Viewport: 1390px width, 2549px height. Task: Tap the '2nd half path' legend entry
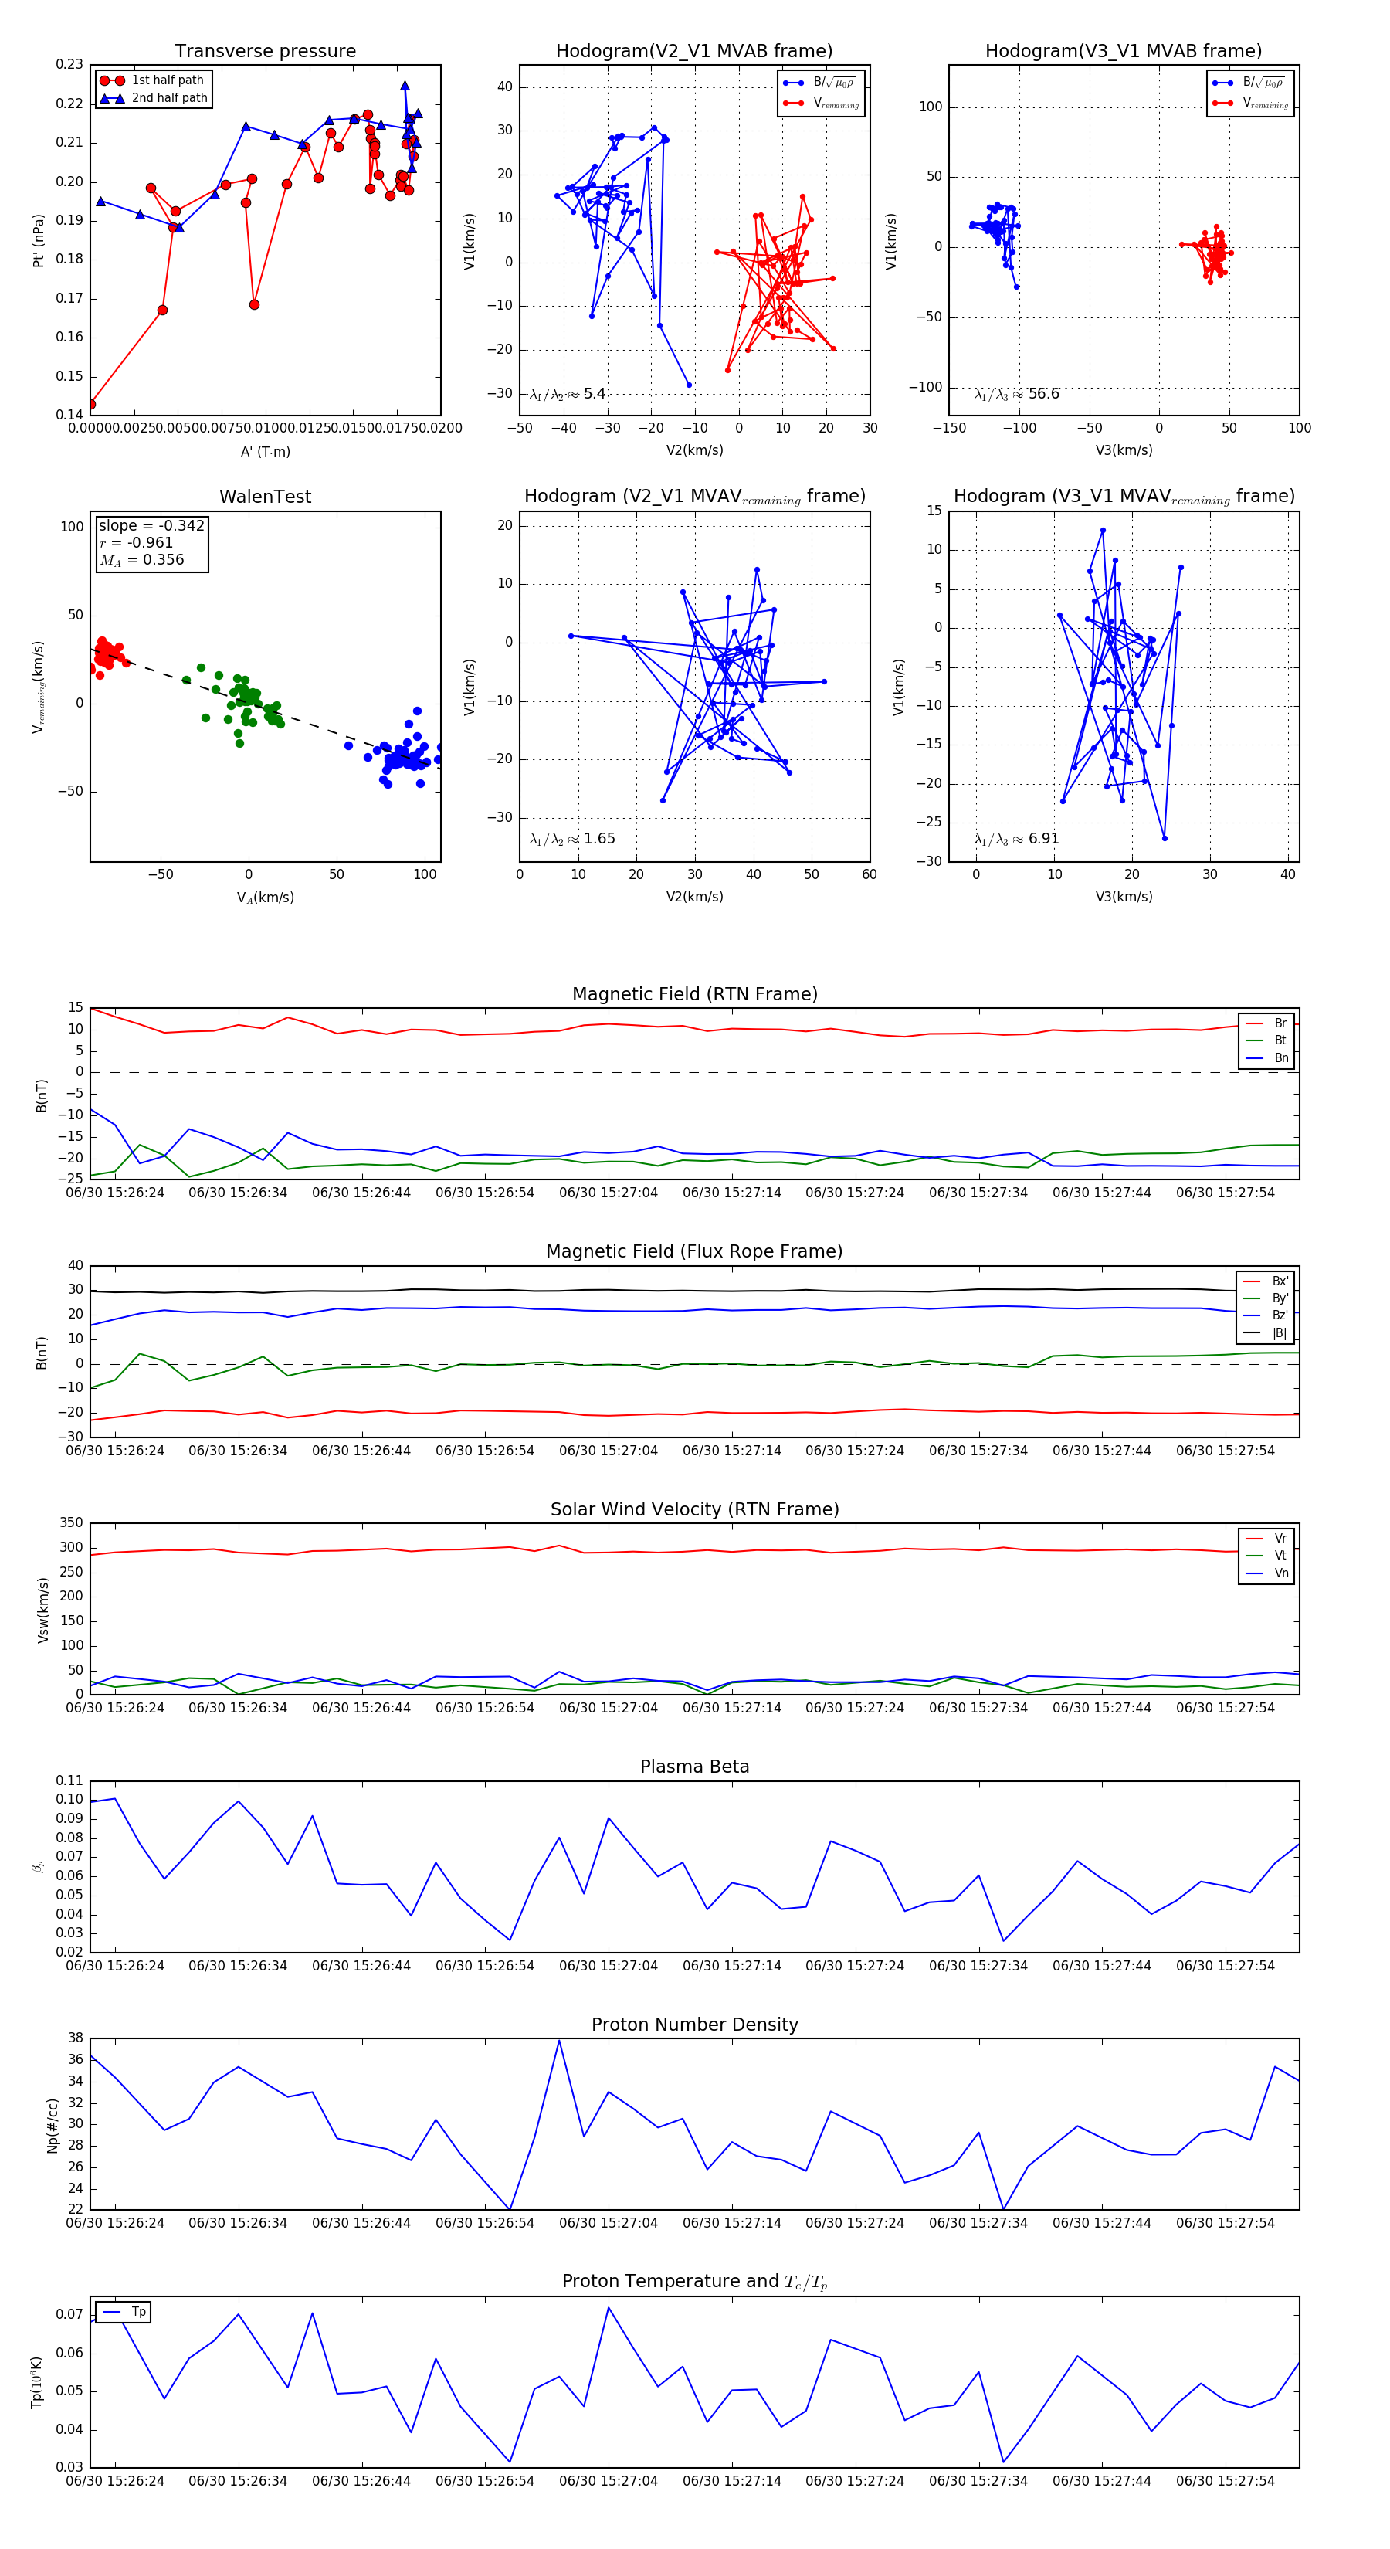point(169,98)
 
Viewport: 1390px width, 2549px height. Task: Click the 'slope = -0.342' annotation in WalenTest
point(151,525)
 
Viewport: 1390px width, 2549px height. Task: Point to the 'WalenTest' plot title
point(265,497)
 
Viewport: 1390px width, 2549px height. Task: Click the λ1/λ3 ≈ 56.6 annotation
point(1017,394)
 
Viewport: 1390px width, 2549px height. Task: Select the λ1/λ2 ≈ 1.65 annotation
point(573,839)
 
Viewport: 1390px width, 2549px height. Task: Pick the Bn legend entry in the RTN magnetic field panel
point(1280,1057)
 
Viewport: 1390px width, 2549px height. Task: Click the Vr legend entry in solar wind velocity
point(1280,1538)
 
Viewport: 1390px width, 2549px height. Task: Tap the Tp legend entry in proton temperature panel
point(138,2312)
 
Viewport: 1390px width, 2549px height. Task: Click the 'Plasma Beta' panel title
point(694,1767)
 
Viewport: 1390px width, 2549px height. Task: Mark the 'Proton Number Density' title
point(694,2024)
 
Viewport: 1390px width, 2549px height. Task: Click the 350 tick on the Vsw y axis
point(71,1523)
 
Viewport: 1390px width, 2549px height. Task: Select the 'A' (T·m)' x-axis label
point(265,451)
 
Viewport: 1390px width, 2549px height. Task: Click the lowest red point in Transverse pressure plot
point(91,404)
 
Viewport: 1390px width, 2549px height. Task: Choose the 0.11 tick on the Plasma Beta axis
point(69,1780)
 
